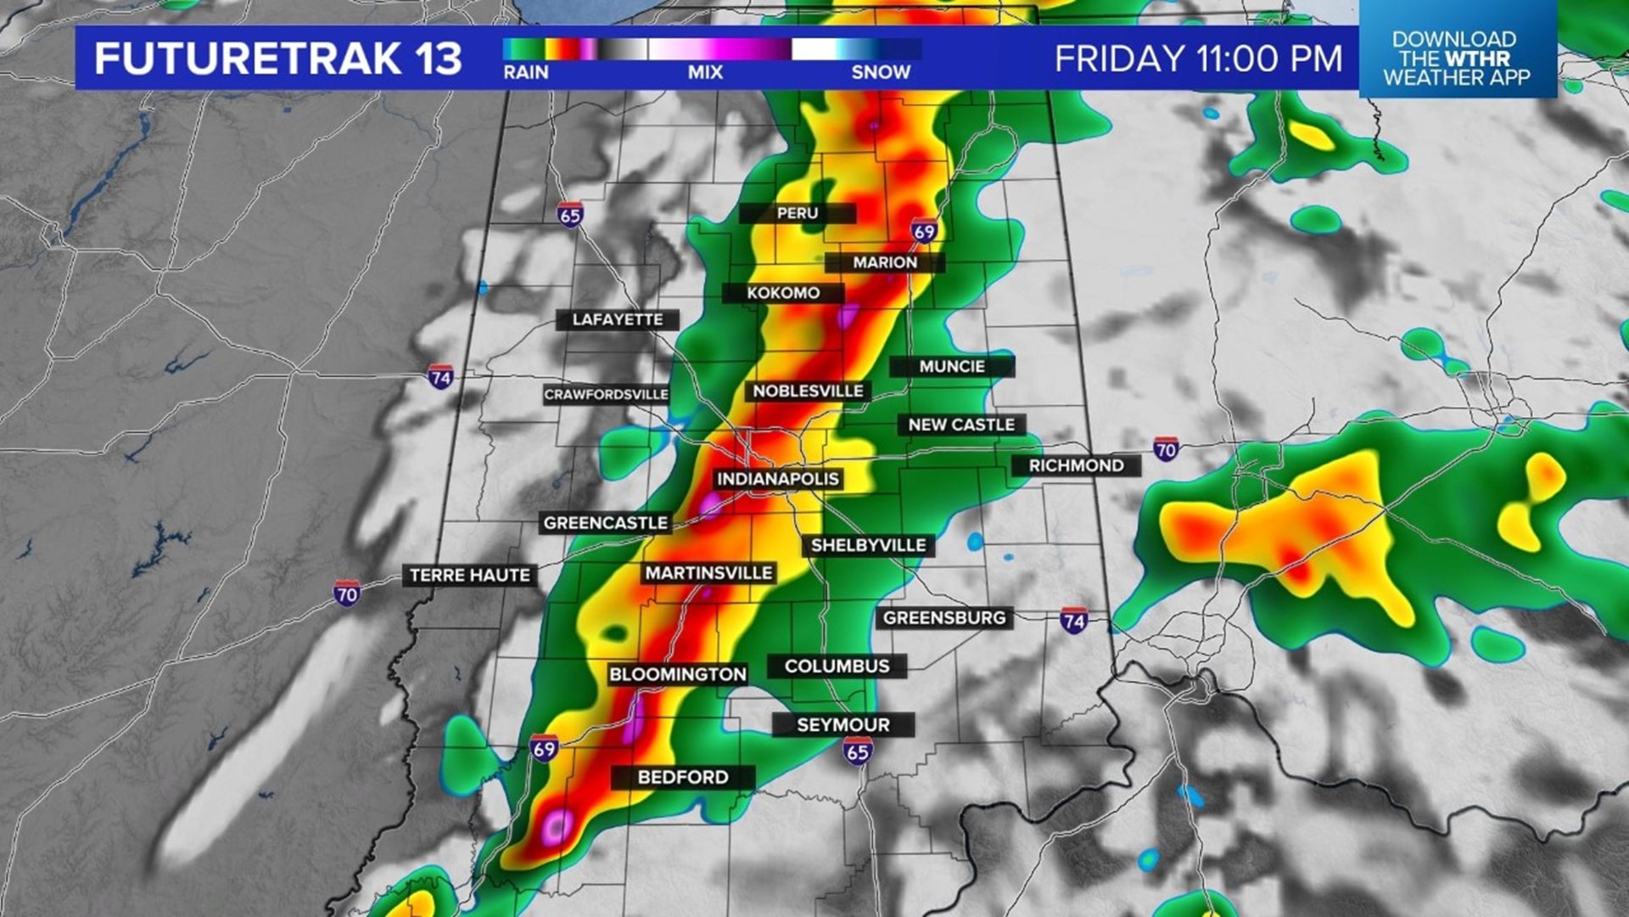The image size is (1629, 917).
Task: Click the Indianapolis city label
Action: pyautogui.click(x=777, y=479)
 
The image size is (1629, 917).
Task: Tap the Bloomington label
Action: pyautogui.click(x=677, y=674)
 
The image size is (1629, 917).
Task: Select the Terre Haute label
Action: pyautogui.click(x=469, y=575)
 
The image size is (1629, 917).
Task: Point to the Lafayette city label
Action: pyautogui.click(x=617, y=319)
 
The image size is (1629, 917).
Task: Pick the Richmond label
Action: pyautogui.click(x=1076, y=465)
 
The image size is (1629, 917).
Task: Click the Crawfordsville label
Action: pyautogui.click(x=606, y=395)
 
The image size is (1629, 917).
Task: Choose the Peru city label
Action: pyautogui.click(x=798, y=213)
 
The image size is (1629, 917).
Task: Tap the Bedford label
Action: pyautogui.click(x=683, y=777)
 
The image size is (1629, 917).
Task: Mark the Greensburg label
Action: pyautogui.click(x=944, y=618)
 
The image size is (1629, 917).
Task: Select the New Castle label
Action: pyautogui.click(x=961, y=425)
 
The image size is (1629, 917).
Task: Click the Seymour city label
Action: pyautogui.click(x=843, y=725)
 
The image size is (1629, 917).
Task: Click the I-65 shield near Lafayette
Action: pyautogui.click(x=570, y=216)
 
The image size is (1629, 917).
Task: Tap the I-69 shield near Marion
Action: pyautogui.click(x=924, y=231)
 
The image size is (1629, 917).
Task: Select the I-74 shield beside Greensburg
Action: pyautogui.click(x=1073, y=621)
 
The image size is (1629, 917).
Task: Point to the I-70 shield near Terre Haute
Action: pyautogui.click(x=346, y=594)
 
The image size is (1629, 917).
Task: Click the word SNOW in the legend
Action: pyautogui.click(x=881, y=73)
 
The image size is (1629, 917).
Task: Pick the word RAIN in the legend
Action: pyautogui.click(x=525, y=73)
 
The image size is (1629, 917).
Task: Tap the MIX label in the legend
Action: pyautogui.click(x=705, y=73)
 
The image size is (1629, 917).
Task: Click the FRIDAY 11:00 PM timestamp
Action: pyautogui.click(x=1198, y=59)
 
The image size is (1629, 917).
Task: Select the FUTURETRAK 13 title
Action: pyautogui.click(x=277, y=59)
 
